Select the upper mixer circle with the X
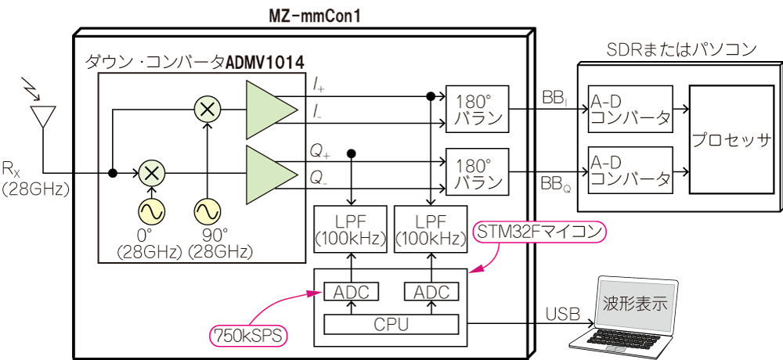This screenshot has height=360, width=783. [207, 110]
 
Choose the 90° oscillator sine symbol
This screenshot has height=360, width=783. [207, 211]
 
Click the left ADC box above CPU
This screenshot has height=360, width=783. [351, 292]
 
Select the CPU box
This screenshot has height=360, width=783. [391, 323]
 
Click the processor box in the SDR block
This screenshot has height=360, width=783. [731, 142]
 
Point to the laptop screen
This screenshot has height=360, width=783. [635, 303]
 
